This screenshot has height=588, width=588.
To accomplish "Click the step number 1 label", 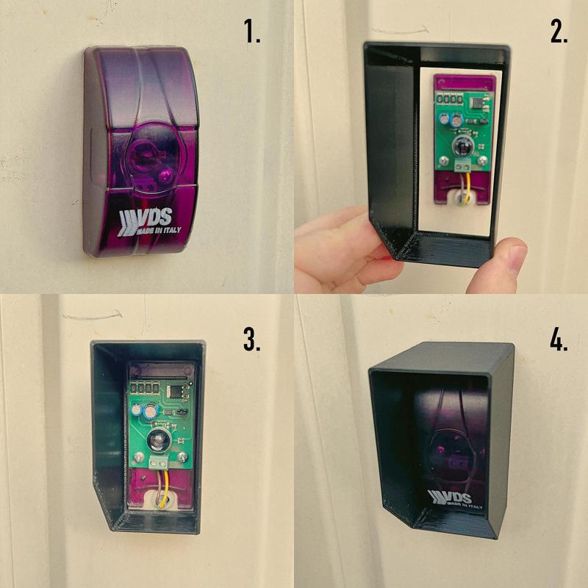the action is [x=252, y=31].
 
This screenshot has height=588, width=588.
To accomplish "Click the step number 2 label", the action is [x=559, y=31].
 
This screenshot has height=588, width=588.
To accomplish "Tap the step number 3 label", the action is [x=251, y=339].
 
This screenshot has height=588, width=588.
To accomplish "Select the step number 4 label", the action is [x=559, y=339].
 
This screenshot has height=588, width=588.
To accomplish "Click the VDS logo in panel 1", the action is [x=149, y=222].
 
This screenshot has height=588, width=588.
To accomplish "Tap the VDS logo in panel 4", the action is [x=456, y=499].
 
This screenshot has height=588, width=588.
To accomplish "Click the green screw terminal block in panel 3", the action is [x=159, y=464].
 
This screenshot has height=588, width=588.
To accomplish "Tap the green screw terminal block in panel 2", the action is [x=463, y=165].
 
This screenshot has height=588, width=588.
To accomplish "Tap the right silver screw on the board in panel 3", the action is [x=183, y=456].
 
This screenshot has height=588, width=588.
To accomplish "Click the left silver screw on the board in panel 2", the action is [x=444, y=159].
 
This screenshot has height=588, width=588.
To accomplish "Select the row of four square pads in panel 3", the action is [x=143, y=387].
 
